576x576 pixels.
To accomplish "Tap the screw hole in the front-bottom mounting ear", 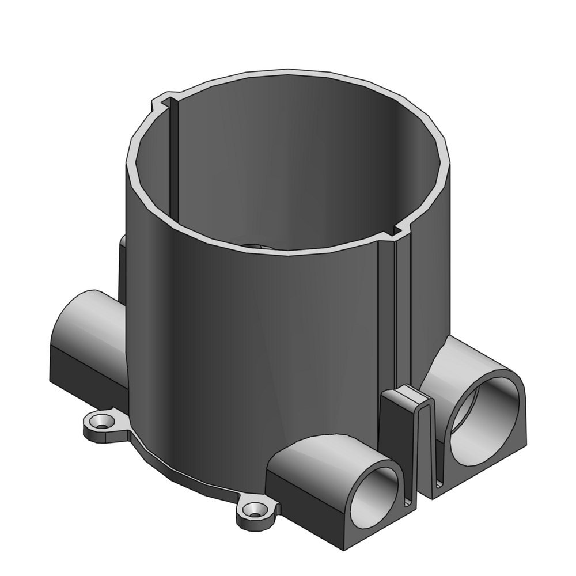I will coord(253,510).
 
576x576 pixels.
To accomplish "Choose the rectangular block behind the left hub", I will coord(122,265).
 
